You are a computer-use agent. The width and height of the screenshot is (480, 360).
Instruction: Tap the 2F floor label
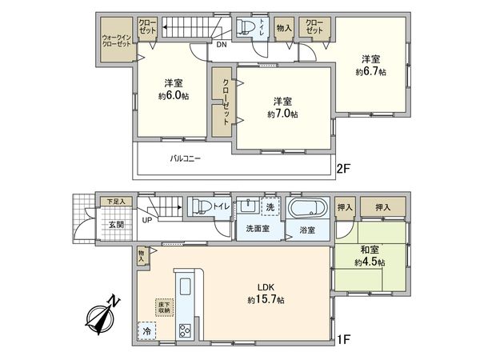344,170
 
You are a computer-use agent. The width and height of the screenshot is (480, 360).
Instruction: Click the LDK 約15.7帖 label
265,294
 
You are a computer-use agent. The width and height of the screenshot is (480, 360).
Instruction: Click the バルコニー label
185,158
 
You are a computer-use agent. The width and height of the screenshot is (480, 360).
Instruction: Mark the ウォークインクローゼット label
117,40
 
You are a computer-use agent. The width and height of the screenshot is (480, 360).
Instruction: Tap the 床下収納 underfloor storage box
163,306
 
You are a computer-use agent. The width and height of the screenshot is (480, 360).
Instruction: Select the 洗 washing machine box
270,206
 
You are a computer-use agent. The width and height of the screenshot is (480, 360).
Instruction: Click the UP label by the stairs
147,219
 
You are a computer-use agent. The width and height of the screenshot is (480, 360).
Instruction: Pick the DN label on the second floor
220,45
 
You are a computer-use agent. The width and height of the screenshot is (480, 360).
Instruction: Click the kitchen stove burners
184,330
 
